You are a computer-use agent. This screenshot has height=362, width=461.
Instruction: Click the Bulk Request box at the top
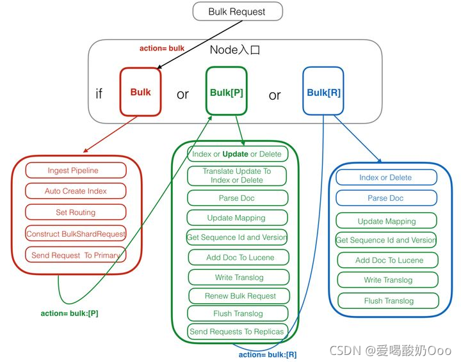237,12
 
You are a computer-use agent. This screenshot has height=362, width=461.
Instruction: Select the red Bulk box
140,92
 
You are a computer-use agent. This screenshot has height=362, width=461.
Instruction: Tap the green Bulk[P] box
227,93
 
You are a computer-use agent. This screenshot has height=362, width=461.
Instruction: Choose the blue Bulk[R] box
323,93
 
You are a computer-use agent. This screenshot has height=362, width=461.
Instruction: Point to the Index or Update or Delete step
236,154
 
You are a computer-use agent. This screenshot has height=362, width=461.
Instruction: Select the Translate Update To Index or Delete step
236,176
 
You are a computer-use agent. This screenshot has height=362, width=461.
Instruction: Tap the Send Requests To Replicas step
236,331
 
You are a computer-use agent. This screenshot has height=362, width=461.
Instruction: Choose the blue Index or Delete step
385,177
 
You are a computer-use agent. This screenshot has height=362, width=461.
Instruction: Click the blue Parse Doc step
385,198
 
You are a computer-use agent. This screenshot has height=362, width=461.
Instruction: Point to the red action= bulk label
162,49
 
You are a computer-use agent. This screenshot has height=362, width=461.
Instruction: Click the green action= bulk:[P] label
69,313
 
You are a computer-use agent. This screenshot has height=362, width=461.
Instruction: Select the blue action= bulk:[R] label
268,354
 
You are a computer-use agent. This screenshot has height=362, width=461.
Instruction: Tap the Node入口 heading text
235,50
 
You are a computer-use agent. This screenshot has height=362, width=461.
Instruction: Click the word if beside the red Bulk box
99,94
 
